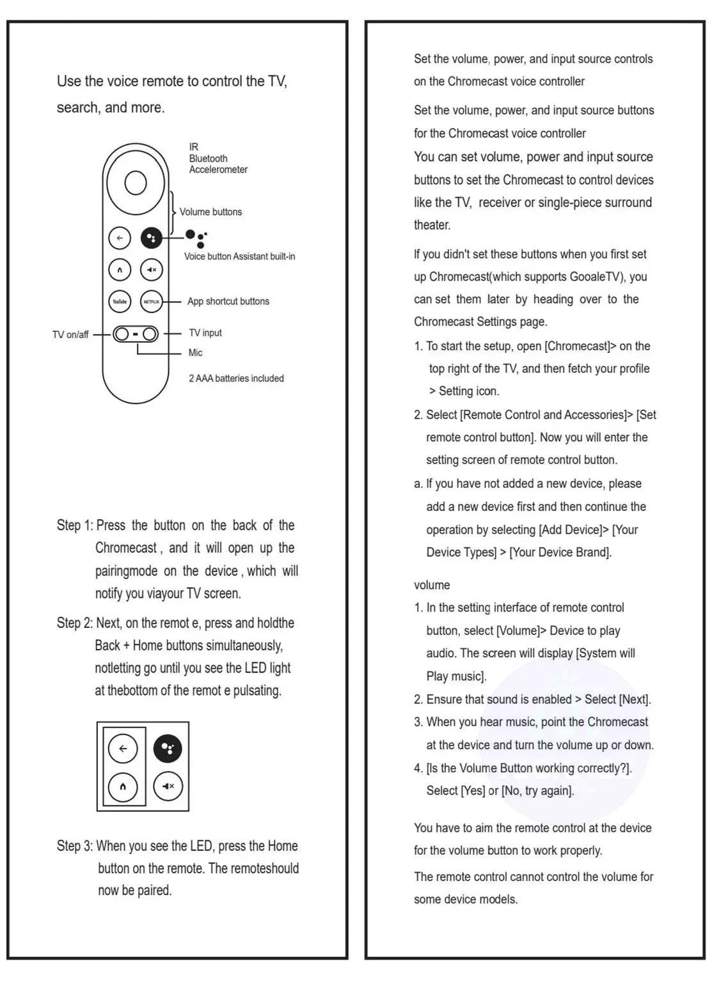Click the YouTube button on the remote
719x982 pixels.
point(120,301)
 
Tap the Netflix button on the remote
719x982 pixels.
point(152,301)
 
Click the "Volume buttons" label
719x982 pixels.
point(210,212)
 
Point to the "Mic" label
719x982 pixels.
point(195,352)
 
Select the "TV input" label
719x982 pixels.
point(205,332)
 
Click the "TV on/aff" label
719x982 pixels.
point(70,334)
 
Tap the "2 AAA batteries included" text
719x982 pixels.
point(236,378)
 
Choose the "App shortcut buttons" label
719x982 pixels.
point(228,301)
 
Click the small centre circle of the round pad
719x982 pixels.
point(136,183)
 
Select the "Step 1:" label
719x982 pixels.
point(75,526)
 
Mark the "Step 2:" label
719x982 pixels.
point(75,623)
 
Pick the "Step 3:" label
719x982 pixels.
point(75,846)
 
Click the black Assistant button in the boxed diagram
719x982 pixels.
point(168,749)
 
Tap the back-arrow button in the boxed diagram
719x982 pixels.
point(123,749)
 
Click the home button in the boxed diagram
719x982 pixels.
point(123,786)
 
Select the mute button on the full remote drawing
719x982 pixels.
point(152,269)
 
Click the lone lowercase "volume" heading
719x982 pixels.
point(432,585)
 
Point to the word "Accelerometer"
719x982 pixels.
point(218,169)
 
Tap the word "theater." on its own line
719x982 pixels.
point(432,225)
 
